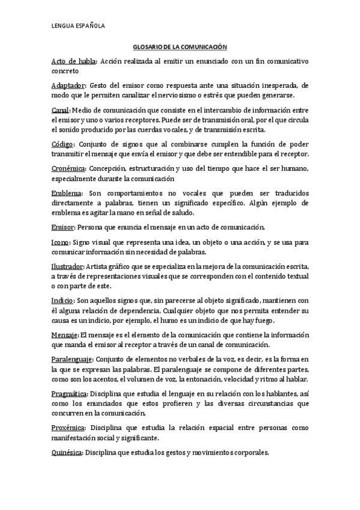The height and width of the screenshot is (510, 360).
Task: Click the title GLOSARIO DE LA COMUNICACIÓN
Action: [180, 46]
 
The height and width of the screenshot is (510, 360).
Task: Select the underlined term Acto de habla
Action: [73, 61]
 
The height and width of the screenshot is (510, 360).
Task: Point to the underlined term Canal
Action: [60, 111]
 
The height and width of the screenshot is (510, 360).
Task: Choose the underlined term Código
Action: [63, 144]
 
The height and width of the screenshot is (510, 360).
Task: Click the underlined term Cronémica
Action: [68, 169]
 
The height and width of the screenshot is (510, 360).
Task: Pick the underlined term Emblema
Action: [66, 194]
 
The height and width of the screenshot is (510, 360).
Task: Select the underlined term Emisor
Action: [62, 227]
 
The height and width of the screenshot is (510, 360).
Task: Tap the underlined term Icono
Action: [60, 242]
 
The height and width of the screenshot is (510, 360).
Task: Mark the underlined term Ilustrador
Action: [68, 267]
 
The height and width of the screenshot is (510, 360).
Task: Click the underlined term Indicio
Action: [63, 301]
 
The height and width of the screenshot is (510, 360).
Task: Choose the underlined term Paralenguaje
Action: [72, 359]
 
